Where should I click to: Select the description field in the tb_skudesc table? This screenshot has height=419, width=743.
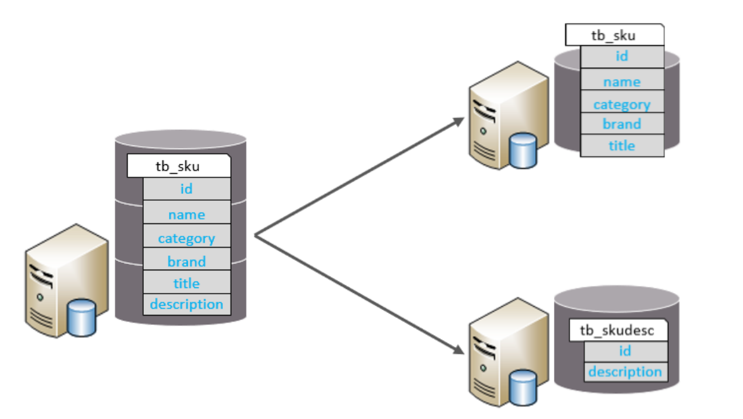(625, 371)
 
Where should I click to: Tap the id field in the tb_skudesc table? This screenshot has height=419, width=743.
(625, 351)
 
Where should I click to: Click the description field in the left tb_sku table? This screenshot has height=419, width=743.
(187, 304)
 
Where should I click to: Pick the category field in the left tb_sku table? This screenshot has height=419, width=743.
(187, 238)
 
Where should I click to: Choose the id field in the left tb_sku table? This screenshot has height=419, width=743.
(187, 188)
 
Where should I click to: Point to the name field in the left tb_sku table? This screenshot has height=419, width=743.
(187, 215)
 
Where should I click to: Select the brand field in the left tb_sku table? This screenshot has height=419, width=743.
(187, 261)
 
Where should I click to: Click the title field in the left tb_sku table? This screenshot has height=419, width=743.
(187, 284)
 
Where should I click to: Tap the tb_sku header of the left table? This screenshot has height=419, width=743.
(178, 166)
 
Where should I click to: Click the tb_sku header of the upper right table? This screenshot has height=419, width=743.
(614, 35)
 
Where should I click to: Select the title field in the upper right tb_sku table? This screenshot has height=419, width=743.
(622, 146)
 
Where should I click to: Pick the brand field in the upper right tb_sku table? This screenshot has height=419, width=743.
(622, 124)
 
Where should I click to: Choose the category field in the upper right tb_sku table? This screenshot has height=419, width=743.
(622, 105)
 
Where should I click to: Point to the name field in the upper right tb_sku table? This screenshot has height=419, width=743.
(622, 82)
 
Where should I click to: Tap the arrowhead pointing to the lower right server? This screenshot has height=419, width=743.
(457, 352)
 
